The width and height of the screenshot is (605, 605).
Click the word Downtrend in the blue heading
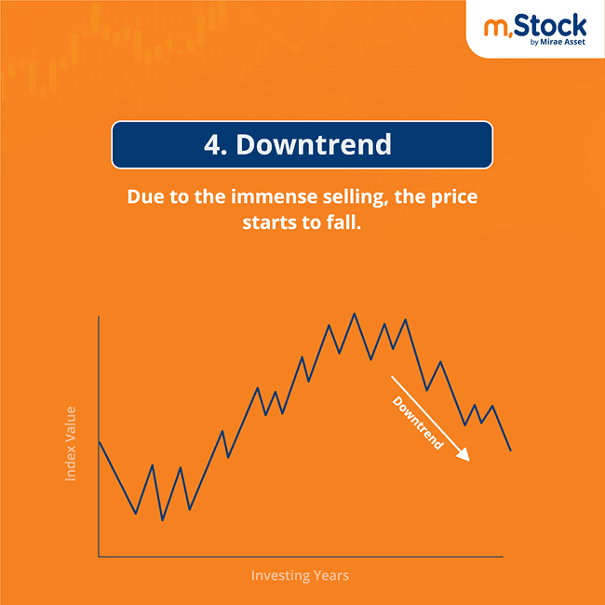point(313,145)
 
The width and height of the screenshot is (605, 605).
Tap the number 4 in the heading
point(212,145)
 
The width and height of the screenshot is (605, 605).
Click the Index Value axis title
point(71,443)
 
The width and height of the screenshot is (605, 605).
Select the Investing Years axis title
point(300,575)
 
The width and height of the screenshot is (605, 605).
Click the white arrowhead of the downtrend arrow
point(464,455)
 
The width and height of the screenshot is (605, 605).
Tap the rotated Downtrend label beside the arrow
point(418,423)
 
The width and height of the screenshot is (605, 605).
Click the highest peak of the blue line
point(354,314)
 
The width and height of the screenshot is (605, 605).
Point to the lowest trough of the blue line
point(163,519)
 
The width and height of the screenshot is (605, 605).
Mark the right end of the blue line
point(510,450)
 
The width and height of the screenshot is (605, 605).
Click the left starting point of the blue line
point(99,441)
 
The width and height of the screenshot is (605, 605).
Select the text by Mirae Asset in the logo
point(559,41)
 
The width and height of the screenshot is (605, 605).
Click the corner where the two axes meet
point(99,557)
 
